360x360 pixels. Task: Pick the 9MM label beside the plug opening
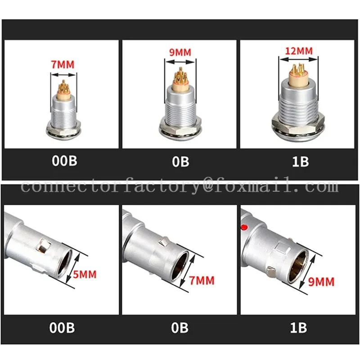tap(322, 282)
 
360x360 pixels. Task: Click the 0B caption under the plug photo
tap(179, 327)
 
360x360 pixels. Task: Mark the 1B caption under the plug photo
tap(298, 327)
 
